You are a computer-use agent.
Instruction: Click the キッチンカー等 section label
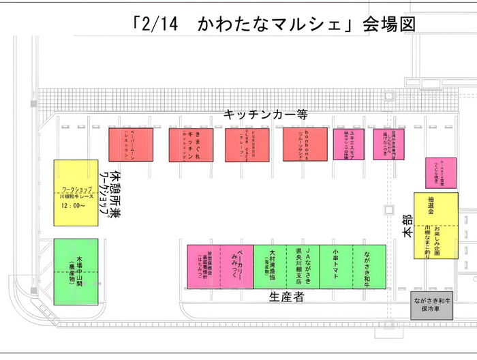click(x=266, y=116)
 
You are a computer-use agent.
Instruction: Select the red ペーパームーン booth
click(x=130, y=145)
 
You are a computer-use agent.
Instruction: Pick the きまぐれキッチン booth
click(x=189, y=145)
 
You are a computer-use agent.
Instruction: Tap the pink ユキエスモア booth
click(x=348, y=145)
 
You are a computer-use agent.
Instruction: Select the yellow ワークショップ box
click(x=76, y=193)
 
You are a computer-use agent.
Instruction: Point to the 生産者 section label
click(x=286, y=298)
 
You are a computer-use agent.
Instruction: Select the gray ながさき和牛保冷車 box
click(x=431, y=305)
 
